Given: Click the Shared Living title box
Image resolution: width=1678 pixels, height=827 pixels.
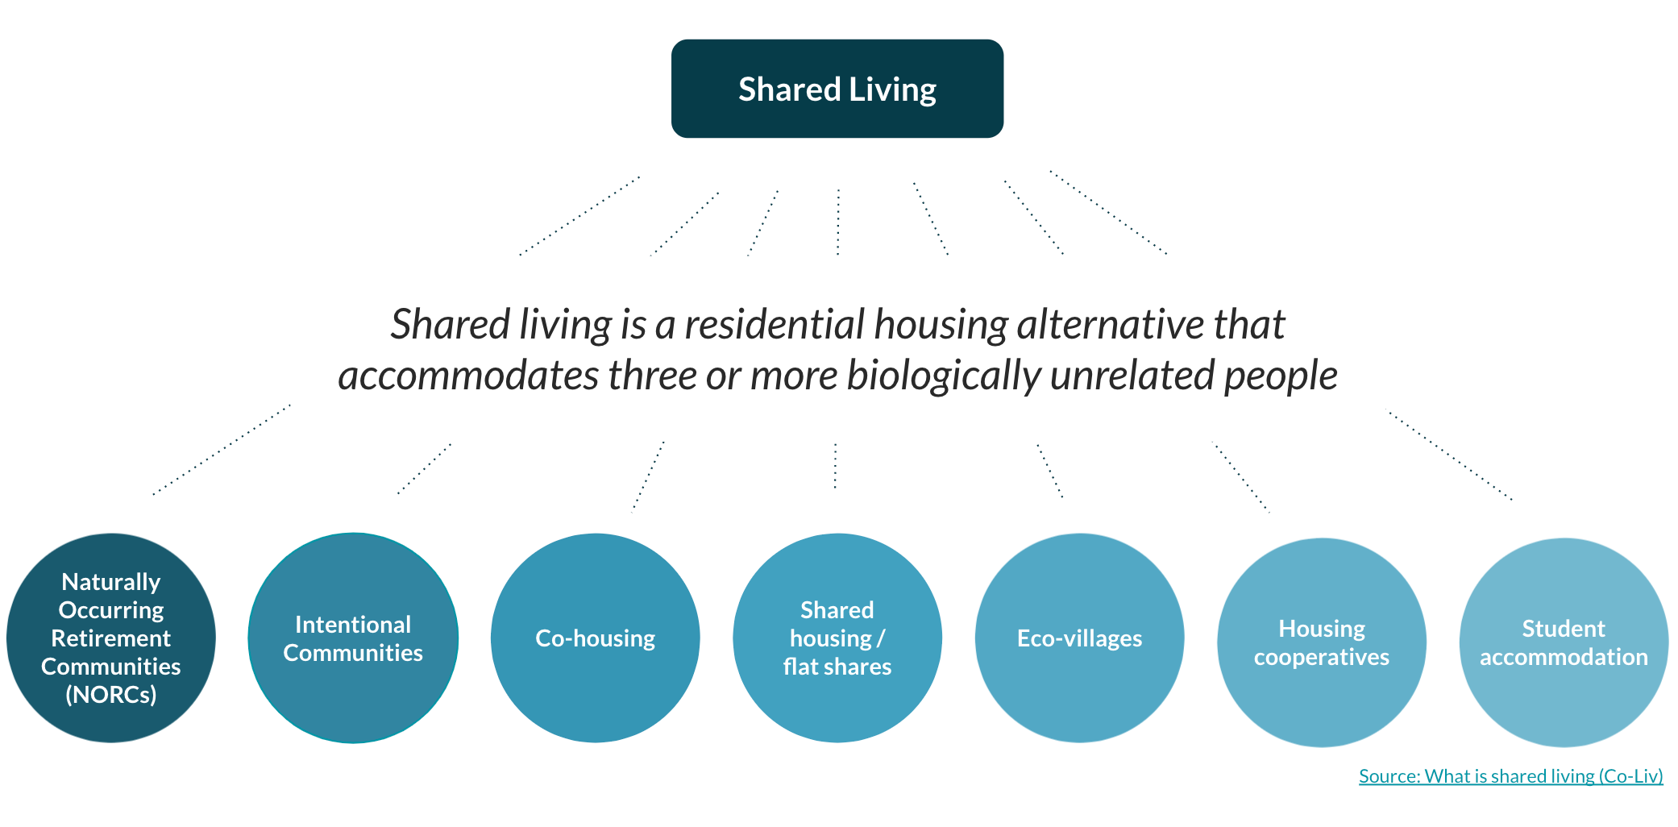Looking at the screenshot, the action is [x=837, y=89].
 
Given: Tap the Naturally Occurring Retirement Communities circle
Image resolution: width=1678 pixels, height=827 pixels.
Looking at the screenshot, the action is [x=111, y=638].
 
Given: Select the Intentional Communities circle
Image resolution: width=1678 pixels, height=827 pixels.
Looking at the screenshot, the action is [x=353, y=638].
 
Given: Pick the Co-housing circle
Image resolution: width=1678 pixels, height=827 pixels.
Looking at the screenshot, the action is [x=596, y=638].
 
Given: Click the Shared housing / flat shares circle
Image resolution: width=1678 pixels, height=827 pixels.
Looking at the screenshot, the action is [x=837, y=638].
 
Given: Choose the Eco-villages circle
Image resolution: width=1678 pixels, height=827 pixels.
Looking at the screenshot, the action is [x=1080, y=638].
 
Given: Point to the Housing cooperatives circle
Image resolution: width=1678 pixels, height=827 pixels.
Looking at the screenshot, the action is [x=1322, y=642].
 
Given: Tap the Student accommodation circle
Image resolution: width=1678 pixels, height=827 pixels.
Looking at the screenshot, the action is [x=1564, y=642].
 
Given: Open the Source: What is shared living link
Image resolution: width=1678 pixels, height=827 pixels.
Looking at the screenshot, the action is [x=1511, y=776].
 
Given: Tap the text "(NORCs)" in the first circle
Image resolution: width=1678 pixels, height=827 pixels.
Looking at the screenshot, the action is [x=111, y=695].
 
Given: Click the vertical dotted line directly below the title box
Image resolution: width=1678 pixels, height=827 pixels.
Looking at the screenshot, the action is [x=838, y=222].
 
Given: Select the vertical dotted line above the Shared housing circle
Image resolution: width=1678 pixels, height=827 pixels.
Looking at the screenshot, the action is [x=835, y=465].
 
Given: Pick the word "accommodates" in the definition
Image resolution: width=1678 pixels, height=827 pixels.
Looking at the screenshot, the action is [x=468, y=376].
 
